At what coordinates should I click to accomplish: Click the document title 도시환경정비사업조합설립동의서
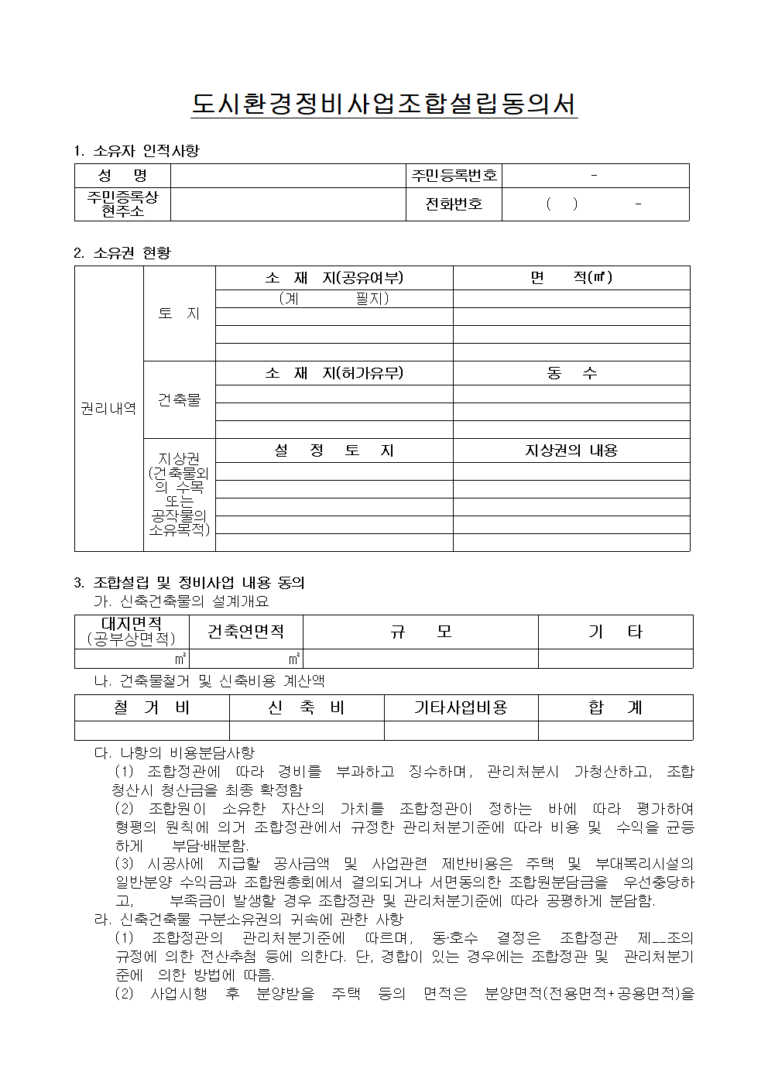(384, 104)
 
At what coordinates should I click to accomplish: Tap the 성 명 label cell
(122, 176)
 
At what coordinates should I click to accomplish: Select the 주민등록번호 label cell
(454, 176)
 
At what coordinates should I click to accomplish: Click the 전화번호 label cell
(454, 204)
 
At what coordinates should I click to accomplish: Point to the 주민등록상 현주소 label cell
(122, 204)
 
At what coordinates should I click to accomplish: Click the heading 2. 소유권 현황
(122, 252)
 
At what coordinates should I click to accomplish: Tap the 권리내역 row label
(108, 408)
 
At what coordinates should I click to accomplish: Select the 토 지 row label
(179, 313)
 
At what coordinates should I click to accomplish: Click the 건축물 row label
(179, 399)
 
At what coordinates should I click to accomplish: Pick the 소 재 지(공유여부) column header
(334, 278)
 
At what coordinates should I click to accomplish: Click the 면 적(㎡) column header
(571, 278)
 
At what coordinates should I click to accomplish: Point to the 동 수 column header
(571, 373)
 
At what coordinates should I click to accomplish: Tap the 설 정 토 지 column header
(334, 451)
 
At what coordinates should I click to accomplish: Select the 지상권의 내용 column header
(571, 451)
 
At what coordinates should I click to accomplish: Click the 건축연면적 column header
(245, 632)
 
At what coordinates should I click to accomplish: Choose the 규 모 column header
(420, 632)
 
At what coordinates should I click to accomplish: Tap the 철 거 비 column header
(152, 707)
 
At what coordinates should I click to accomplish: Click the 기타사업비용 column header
(461, 707)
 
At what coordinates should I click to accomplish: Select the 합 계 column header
(615, 707)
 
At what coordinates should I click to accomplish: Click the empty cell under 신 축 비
(307, 730)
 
